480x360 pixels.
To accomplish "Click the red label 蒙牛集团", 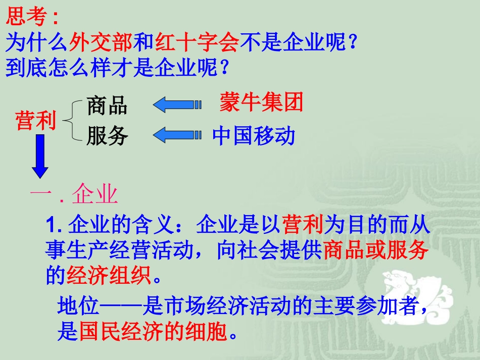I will [261, 102].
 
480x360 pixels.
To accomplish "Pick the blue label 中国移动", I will [253, 136].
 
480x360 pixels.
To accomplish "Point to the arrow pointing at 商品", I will [177, 105].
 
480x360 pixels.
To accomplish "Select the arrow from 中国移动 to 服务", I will [177, 135].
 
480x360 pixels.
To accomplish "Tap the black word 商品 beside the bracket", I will [107, 106].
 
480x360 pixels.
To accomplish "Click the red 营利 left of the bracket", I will [36, 121].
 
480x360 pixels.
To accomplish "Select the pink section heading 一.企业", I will [74, 194].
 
